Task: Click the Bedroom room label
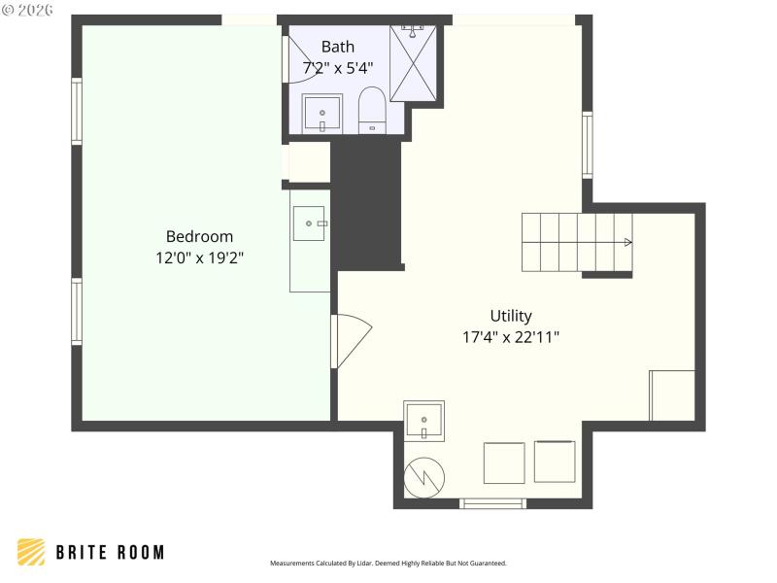(x=199, y=236)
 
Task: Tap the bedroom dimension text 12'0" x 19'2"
(x=199, y=258)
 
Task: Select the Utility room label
(x=511, y=316)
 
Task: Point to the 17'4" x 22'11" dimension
(x=511, y=337)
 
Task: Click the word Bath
(x=338, y=46)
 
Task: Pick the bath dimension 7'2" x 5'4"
(x=338, y=67)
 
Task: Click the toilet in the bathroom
(x=372, y=110)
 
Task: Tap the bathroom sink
(x=322, y=114)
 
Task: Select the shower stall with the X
(x=414, y=63)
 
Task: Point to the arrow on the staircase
(x=627, y=242)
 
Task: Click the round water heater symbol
(x=424, y=476)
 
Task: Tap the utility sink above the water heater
(x=424, y=421)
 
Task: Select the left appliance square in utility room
(x=504, y=463)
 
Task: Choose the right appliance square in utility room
(x=555, y=462)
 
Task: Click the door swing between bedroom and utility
(x=351, y=340)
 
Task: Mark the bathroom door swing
(x=297, y=61)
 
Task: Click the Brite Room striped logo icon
(x=31, y=552)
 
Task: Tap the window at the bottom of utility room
(x=492, y=503)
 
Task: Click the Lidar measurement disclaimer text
(x=388, y=563)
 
